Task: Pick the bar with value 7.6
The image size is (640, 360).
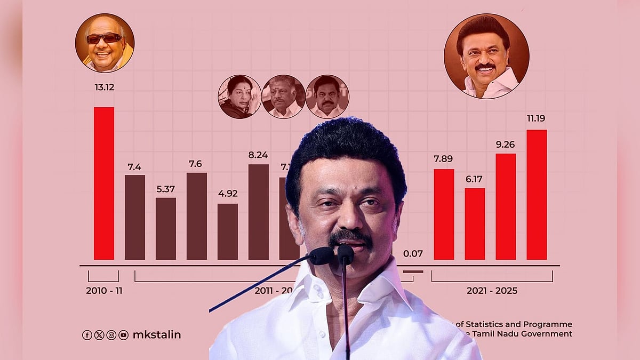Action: [x=196, y=216]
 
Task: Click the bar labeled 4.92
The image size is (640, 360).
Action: [x=227, y=231]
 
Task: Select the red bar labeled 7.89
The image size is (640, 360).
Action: [x=444, y=214]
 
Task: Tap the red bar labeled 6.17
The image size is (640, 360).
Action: [x=475, y=223]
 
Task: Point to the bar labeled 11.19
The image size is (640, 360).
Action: [x=537, y=194]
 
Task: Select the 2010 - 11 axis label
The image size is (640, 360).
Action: [x=103, y=291]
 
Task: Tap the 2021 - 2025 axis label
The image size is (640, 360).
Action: [x=492, y=291]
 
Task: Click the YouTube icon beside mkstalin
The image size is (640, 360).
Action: [x=124, y=335]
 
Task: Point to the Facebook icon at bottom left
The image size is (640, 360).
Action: [x=87, y=335]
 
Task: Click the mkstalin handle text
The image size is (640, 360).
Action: [x=156, y=335]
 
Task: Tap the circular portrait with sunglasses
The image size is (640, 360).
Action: [x=105, y=43]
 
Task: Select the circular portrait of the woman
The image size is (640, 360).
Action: [x=239, y=97]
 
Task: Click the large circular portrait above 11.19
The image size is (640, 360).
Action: [x=486, y=56]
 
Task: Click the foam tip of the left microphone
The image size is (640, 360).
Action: [x=321, y=256]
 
